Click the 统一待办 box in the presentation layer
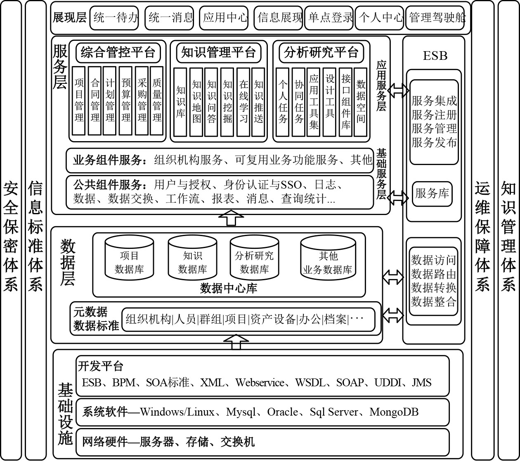pos(114,18)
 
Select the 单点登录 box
pos(329,18)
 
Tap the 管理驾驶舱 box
pos(437,18)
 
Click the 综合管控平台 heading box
pos(118,53)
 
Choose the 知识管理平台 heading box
pos(219,53)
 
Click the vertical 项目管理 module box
pos(79,101)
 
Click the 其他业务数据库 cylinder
pos(328,259)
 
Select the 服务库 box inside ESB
pos(432,194)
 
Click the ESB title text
pos(435,56)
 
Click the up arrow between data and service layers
pos(231,217)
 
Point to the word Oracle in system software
pos(283,412)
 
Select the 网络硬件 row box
pos(263,442)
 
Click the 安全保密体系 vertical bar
pos(11,230)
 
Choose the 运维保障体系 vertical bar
pos(482,230)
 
